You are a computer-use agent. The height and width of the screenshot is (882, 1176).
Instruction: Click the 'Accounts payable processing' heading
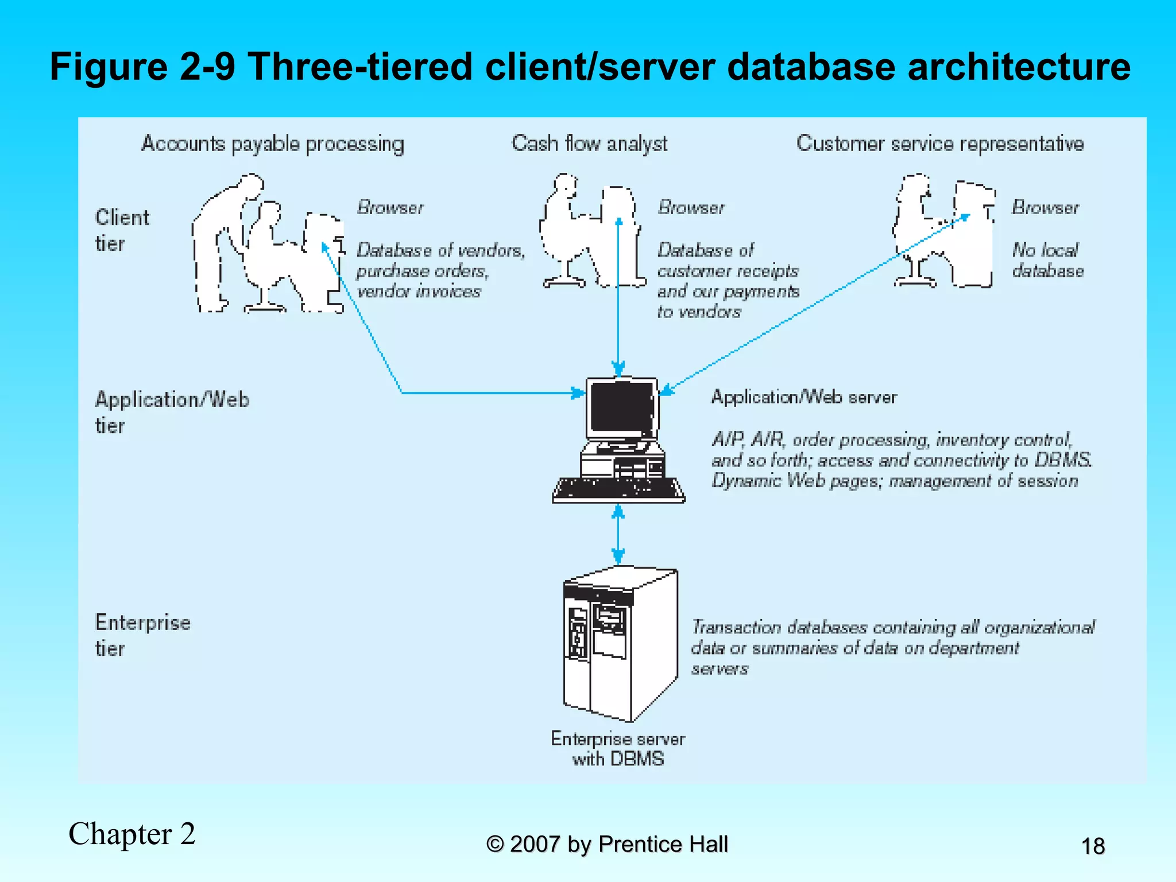273,144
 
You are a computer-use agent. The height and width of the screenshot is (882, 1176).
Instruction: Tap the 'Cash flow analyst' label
589,144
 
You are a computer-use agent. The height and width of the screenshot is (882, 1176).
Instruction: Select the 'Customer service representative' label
940,144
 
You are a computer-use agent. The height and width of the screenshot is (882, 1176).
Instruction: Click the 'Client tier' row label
122,230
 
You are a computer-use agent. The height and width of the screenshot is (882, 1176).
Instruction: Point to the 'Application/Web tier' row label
172,412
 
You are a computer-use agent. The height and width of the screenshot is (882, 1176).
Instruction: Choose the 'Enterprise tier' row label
142,635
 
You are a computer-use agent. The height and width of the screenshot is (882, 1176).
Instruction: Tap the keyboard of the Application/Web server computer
618,489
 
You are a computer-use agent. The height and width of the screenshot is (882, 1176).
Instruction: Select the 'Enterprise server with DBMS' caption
618,748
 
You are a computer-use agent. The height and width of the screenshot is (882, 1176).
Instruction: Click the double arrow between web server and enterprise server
618,534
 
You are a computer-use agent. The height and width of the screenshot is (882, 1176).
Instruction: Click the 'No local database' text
1047,260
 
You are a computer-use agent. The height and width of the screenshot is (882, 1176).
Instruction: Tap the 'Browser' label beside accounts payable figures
390,207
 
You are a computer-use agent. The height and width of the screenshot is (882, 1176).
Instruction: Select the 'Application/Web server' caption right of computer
803,397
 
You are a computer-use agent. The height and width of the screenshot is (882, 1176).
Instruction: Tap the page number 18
1093,846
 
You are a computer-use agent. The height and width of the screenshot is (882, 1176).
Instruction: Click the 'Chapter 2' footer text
132,834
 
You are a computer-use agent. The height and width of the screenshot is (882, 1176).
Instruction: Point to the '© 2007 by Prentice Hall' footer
607,844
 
